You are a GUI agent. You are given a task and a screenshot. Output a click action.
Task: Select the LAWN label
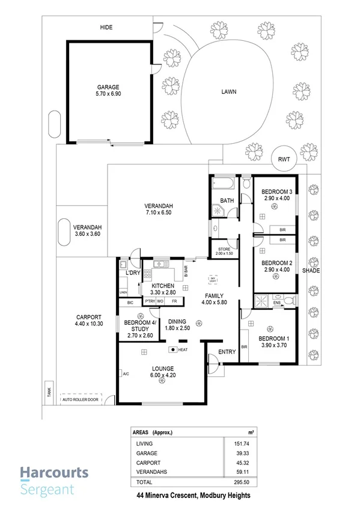(228, 92)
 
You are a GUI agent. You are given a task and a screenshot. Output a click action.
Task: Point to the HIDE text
(106, 28)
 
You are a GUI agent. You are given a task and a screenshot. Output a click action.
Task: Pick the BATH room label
(227, 201)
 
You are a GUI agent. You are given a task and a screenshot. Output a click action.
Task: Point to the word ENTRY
(227, 352)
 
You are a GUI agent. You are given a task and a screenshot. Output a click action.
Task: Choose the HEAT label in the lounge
(183, 349)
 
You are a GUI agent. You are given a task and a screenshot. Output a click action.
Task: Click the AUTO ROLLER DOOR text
(77, 398)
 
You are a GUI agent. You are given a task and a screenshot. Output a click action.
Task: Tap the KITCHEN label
(162, 286)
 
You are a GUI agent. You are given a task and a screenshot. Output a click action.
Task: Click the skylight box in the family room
(212, 280)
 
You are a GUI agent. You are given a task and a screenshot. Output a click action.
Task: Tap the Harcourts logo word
(55, 473)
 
